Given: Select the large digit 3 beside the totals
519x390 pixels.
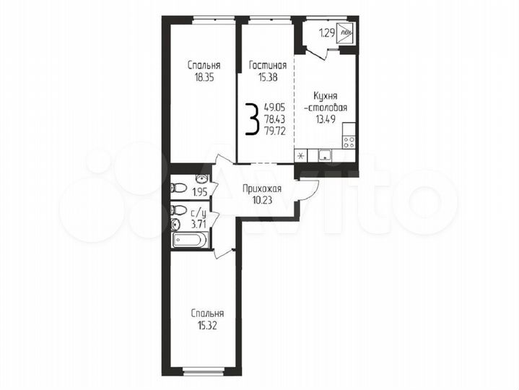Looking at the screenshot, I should [252, 120].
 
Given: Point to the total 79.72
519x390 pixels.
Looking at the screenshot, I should [274, 131].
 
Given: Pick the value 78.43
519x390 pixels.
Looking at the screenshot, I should [274, 120].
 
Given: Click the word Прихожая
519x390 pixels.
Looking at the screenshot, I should [261, 190].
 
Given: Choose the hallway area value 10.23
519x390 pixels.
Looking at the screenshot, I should [261, 201].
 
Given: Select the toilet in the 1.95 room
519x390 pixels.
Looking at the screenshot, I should [178, 188].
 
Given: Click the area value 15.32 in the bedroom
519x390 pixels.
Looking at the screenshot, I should [208, 326].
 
